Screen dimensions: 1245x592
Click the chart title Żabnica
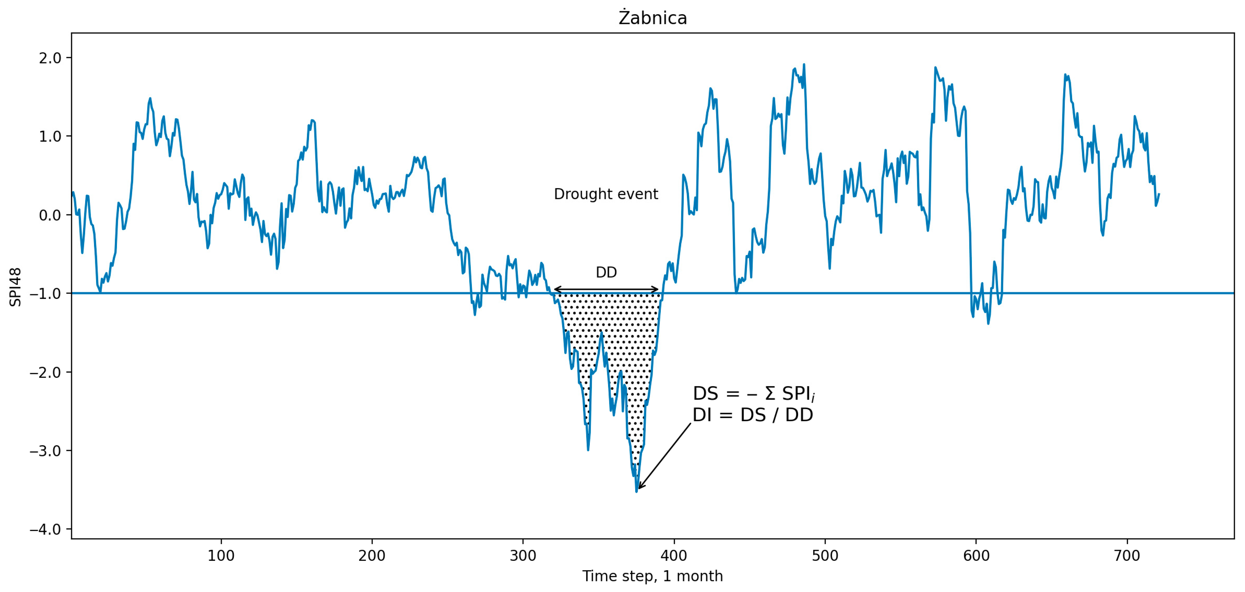[653, 18]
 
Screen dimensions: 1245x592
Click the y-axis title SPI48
[15, 287]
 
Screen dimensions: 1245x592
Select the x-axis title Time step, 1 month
[653, 576]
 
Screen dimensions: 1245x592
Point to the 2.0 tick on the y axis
[50, 58]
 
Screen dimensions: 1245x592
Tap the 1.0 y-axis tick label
[50, 137]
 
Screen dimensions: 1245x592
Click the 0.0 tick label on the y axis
[50, 215]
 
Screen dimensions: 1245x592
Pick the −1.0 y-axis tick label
[46, 294]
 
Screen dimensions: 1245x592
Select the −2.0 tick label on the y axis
[46, 372]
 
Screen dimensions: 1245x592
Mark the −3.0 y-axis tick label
[46, 451]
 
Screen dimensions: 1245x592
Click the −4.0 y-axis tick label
[46, 529]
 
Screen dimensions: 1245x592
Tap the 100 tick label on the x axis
[221, 556]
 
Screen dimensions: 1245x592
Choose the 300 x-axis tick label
[523, 556]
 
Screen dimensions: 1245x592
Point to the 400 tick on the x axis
[674, 556]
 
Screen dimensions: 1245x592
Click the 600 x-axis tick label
[976, 556]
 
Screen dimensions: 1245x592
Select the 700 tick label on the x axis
[1127, 556]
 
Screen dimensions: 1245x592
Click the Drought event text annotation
[606, 194]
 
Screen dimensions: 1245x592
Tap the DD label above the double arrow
[606, 272]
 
